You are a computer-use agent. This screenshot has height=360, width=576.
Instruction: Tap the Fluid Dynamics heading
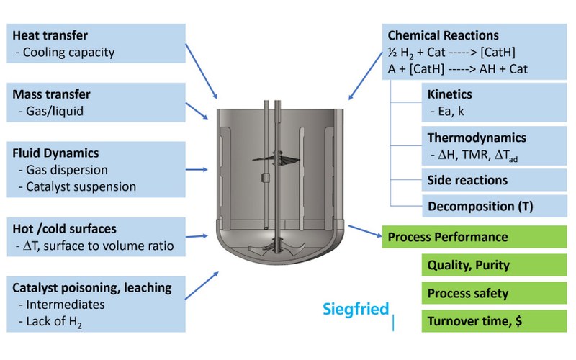pyautogui.click(x=55, y=153)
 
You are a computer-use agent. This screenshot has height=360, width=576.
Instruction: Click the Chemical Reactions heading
pyautogui.click(x=443, y=35)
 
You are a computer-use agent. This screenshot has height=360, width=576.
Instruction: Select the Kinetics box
pyautogui.click(x=494, y=102)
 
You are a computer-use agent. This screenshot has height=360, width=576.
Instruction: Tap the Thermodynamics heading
pyautogui.click(x=477, y=138)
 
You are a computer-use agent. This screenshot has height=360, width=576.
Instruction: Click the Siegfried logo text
pyautogui.click(x=355, y=310)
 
